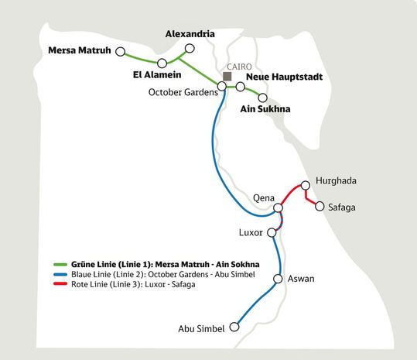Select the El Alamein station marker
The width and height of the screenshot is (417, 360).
(x=162, y=63)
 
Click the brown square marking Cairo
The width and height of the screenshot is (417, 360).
(x=227, y=76)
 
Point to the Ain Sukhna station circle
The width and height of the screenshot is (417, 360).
(x=263, y=98)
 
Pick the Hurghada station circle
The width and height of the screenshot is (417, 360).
(x=306, y=185)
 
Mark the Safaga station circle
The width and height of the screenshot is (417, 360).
(x=320, y=206)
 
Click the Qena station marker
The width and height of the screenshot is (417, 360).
(x=278, y=208)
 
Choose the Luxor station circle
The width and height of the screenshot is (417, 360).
(x=272, y=232)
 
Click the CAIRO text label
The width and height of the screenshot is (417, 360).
(x=238, y=67)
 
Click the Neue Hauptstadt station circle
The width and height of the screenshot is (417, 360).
(x=241, y=87)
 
